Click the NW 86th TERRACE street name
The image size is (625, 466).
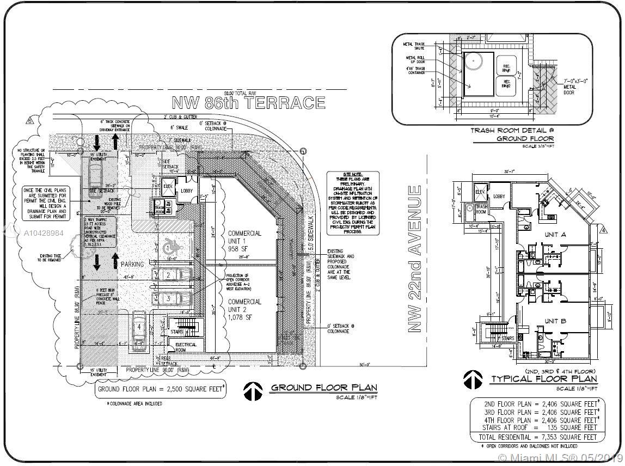tap(248, 102)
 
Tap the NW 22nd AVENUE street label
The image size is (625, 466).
tap(415, 259)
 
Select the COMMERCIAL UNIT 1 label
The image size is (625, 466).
tap(244, 240)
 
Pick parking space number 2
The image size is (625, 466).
tap(169, 275)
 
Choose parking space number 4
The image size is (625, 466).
tap(139, 327)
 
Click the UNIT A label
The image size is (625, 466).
tap(556, 235)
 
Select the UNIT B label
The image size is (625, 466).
tap(555, 321)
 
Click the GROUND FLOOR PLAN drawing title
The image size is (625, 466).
tap(324, 388)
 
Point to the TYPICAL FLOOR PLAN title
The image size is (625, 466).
tap(544, 379)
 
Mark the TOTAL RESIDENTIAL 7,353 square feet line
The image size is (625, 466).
tap(537, 437)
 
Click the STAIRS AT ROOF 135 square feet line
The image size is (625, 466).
tap(537, 427)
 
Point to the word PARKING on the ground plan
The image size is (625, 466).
tap(132, 264)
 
